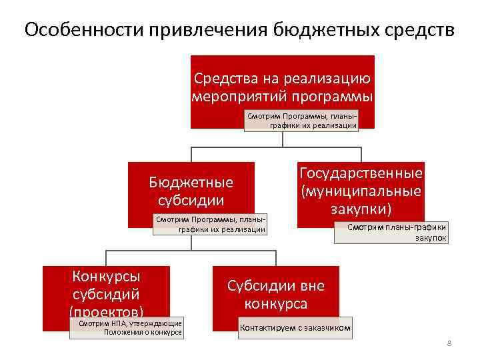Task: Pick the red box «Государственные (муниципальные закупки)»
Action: [361, 191]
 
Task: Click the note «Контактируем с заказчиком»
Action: [295, 328]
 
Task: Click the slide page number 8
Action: [449, 343]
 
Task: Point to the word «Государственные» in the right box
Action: [361, 173]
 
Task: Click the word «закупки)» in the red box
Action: [361, 209]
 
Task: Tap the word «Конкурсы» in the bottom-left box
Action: [106, 276]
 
